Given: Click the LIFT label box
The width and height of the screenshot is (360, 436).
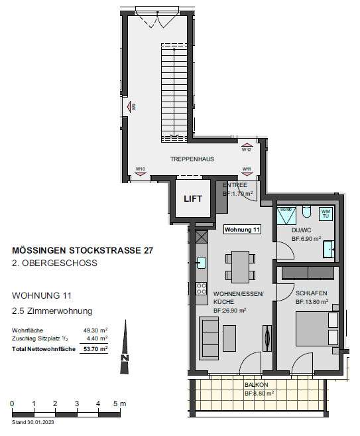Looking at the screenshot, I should click(x=194, y=198).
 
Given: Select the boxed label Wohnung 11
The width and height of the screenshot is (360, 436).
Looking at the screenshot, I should click(x=243, y=230).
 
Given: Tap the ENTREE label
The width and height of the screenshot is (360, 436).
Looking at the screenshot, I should click(x=235, y=185).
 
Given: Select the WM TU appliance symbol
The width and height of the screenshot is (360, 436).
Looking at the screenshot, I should click(x=326, y=214).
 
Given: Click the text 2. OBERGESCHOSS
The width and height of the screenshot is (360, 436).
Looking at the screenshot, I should click(x=55, y=263).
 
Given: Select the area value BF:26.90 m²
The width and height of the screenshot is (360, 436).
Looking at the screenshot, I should click(x=230, y=310).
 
